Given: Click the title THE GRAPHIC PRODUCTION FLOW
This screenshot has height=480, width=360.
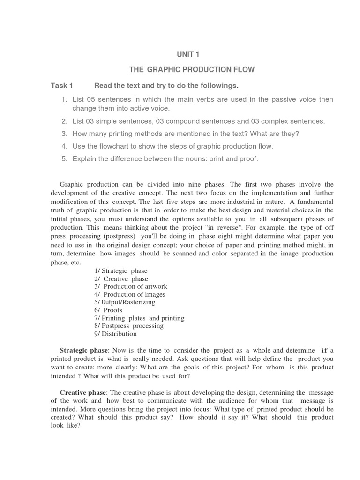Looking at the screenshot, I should point(192,70).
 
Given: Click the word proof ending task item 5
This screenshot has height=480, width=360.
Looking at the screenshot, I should point(249,159).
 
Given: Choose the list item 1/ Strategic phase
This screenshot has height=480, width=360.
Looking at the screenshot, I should point(120,271).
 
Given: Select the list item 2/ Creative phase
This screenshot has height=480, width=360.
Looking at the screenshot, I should point(121,279).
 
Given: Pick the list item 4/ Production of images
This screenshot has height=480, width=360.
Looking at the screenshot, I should point(129,294).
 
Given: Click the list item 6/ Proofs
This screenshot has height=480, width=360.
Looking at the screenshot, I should point(108,310).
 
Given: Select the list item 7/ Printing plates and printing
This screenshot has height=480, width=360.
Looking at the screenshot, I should point(139,318).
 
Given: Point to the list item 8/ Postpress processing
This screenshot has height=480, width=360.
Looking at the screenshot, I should point(128,326).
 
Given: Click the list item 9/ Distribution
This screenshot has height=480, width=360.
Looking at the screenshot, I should point(115,334).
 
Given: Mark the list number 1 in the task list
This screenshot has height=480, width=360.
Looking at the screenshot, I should point(64,100).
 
